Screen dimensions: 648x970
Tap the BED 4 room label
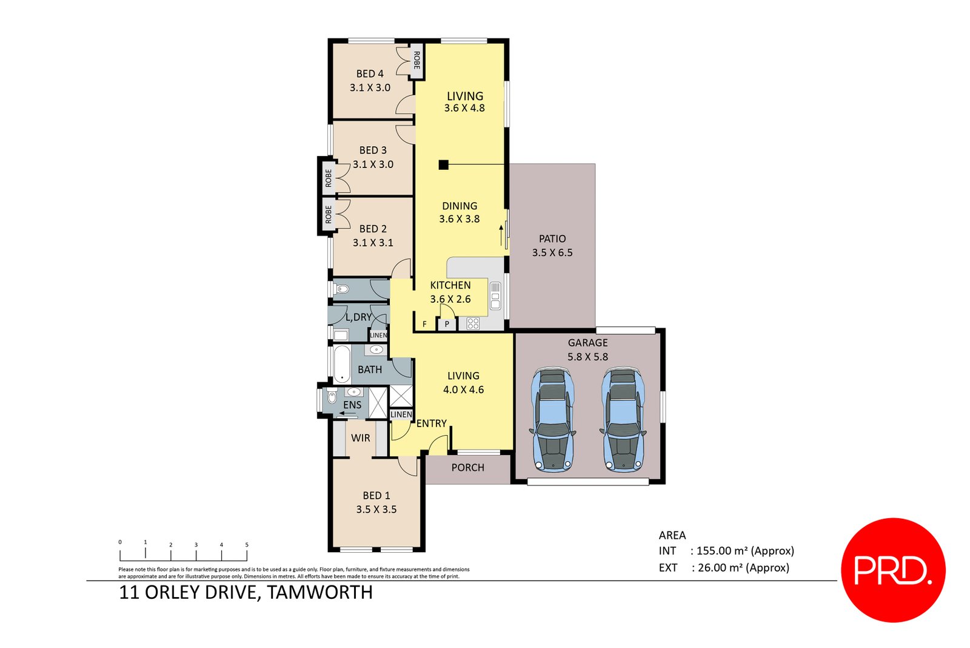(x=370, y=74)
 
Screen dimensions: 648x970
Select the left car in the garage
(x=552, y=419)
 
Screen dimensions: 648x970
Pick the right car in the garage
(x=622, y=419)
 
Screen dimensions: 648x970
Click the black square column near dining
(x=443, y=164)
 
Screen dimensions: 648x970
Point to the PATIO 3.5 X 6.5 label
(x=552, y=246)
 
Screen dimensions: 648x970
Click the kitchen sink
(x=495, y=296)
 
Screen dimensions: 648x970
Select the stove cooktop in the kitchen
(x=473, y=323)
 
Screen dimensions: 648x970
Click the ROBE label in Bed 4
(x=416, y=60)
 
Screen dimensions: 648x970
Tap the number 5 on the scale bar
(x=246, y=545)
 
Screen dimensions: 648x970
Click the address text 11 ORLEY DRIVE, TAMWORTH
(x=246, y=592)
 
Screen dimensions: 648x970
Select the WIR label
(x=360, y=438)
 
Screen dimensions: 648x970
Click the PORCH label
(x=467, y=468)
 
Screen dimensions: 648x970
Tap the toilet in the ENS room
(x=332, y=398)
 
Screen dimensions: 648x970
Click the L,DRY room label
(x=358, y=317)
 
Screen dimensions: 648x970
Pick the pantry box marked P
(x=447, y=324)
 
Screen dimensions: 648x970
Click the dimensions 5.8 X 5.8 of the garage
(x=587, y=357)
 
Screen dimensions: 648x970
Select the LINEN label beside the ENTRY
(x=401, y=414)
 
